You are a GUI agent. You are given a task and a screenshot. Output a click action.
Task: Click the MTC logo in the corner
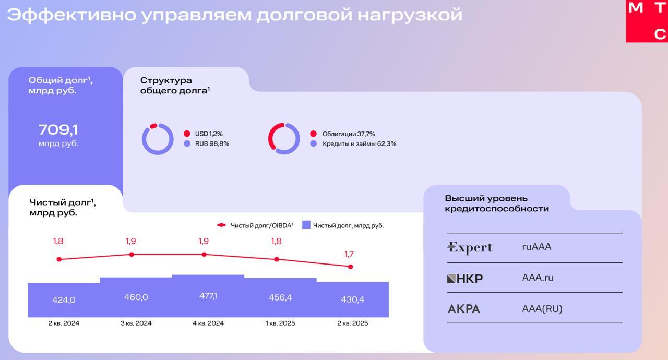pyautogui.click(x=647, y=21)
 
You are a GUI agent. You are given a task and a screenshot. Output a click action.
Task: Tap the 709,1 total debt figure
pyautogui.click(x=58, y=130)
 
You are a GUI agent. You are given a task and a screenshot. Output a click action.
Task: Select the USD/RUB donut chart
pyautogui.click(x=158, y=139)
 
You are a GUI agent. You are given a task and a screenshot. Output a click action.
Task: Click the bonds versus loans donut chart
pyautogui.click(x=284, y=139)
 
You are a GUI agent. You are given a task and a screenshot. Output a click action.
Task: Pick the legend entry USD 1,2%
pyautogui.click(x=208, y=134)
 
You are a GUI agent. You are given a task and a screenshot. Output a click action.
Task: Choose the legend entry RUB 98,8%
pyautogui.click(x=211, y=144)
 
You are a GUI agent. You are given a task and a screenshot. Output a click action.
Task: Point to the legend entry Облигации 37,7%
pyautogui.click(x=348, y=134)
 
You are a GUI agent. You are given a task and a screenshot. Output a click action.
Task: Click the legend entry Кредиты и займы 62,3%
pyautogui.click(x=359, y=144)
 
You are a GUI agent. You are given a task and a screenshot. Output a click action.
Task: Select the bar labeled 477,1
pyautogui.click(x=208, y=296)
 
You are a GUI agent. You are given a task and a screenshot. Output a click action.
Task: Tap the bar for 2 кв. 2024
pyautogui.click(x=64, y=300)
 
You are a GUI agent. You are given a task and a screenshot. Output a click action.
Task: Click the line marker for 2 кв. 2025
pyautogui.click(x=350, y=267)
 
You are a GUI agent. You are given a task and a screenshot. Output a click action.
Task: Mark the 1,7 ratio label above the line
pyautogui.click(x=349, y=254)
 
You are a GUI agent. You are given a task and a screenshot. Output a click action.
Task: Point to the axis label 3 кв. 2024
pyautogui.click(x=136, y=323)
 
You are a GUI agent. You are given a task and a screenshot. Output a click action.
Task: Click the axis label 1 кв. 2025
pyautogui.click(x=280, y=323)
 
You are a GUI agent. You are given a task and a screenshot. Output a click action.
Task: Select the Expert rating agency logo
pyautogui.click(x=470, y=247)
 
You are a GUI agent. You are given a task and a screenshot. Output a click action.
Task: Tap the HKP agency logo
pyautogui.click(x=464, y=278)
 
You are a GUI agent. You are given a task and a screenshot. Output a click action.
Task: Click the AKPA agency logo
pyautogui.click(x=463, y=309)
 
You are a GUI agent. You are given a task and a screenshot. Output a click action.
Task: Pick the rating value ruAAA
pyautogui.click(x=536, y=247)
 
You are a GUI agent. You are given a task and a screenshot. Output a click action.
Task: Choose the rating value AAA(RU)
pyautogui.click(x=542, y=309)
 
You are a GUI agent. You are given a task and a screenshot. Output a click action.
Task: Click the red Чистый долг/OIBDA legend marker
pyautogui.click(x=221, y=225)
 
